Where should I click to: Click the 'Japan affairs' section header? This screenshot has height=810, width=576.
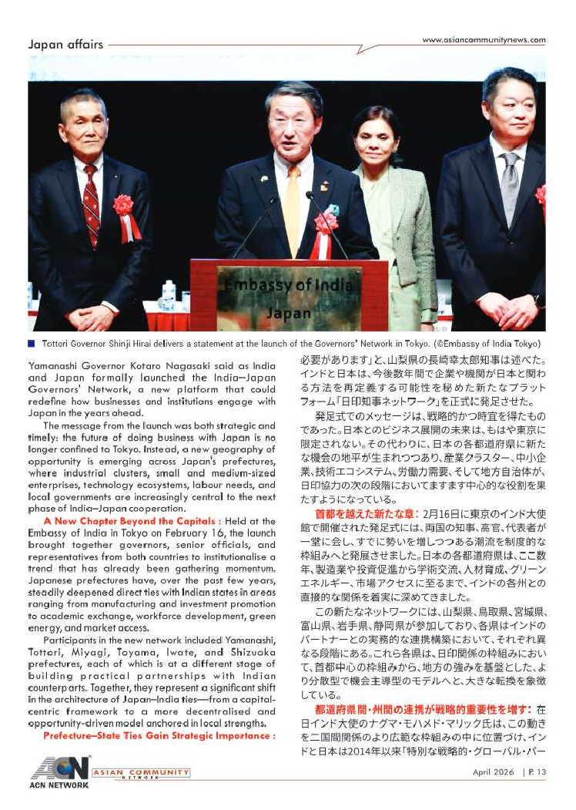(x=65, y=44)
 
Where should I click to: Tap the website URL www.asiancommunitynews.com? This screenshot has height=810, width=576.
(x=484, y=40)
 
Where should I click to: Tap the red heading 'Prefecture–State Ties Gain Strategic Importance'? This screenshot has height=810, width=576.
(x=159, y=736)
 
